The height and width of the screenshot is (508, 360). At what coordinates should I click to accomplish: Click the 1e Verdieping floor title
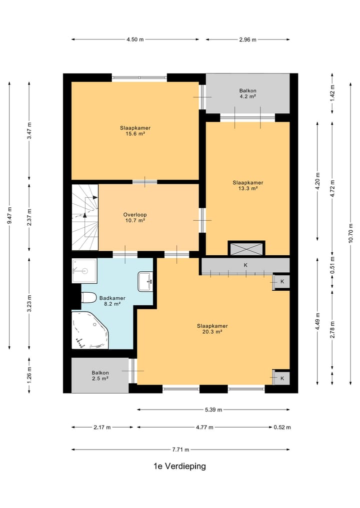(x=179, y=466)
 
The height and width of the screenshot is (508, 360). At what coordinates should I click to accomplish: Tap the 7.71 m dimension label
(x=180, y=450)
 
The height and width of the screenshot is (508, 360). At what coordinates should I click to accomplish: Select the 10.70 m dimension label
(x=350, y=233)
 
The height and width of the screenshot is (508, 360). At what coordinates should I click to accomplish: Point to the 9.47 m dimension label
(x=9, y=215)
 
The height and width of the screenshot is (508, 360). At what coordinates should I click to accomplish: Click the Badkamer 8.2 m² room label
(x=112, y=301)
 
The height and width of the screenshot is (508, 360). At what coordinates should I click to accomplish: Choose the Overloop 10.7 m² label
(x=135, y=217)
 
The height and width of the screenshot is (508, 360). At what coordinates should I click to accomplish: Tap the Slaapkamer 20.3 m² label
(x=212, y=329)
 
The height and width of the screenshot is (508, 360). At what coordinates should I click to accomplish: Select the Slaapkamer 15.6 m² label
(x=135, y=131)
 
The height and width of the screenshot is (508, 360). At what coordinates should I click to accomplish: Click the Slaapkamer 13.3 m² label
(x=248, y=185)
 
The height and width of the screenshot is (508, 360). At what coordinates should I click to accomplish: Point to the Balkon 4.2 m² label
(x=248, y=93)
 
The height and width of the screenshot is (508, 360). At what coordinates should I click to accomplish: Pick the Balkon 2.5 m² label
(x=100, y=376)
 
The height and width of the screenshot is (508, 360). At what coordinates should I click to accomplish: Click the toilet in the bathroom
(x=88, y=297)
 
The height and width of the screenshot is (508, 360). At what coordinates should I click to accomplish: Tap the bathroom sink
(x=145, y=281)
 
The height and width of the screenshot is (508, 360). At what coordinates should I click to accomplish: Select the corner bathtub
(x=90, y=330)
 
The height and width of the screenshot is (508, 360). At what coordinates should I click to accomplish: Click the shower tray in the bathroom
(x=84, y=271)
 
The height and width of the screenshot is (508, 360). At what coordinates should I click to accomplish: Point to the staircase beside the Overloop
(x=85, y=217)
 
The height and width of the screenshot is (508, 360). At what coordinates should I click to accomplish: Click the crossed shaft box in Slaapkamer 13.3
(x=246, y=249)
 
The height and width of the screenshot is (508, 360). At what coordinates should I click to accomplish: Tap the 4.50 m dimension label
(x=135, y=39)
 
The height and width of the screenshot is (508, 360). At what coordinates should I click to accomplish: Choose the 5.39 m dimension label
(x=213, y=410)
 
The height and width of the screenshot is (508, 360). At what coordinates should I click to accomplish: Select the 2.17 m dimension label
(x=102, y=427)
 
